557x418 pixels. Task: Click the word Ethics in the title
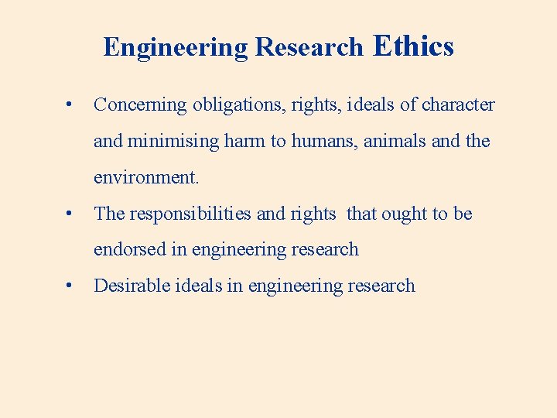point(413,46)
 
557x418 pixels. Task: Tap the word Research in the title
point(309,47)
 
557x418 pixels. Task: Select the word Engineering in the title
point(176,48)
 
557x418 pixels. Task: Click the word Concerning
point(140,105)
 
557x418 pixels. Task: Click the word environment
point(146,177)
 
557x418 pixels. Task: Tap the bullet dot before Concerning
point(70,104)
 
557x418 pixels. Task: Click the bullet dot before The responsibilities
point(70,213)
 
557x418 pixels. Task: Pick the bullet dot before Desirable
point(70,285)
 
